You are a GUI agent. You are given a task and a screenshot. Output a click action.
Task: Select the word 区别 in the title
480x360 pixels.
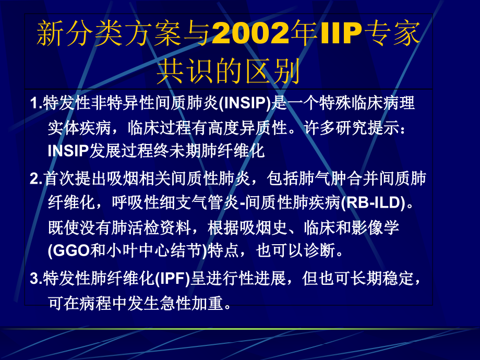pyautogui.click(x=277, y=73)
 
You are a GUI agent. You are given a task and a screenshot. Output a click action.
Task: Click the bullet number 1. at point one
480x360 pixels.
pyautogui.click(x=37, y=103)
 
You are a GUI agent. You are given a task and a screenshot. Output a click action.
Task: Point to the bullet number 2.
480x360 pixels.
pyautogui.click(x=37, y=179)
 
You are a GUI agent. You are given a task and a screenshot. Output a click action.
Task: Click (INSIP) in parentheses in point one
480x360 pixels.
pyautogui.click(x=245, y=103)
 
